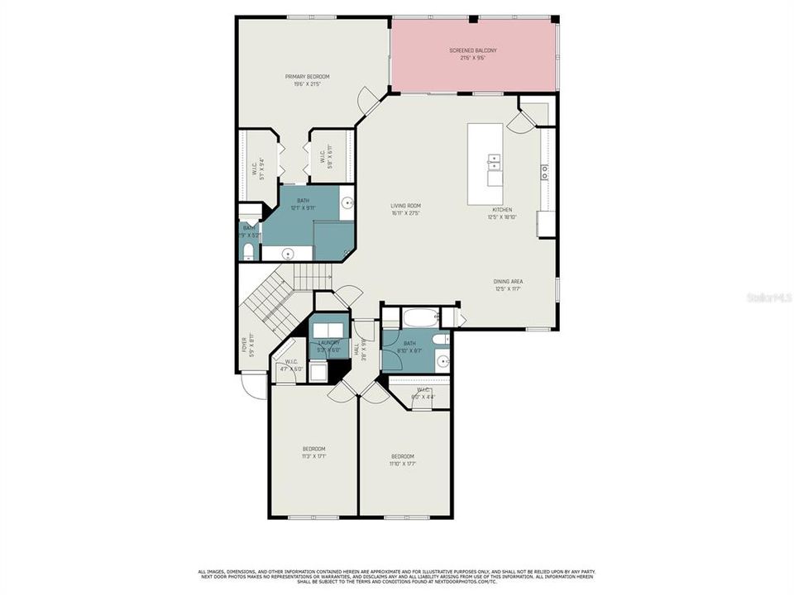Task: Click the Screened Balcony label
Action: coord(472,55)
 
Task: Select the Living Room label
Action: coord(406,209)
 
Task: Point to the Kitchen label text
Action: coord(503,213)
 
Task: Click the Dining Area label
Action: coord(508,284)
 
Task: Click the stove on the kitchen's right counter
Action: coord(546,172)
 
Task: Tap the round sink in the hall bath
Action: coord(442,360)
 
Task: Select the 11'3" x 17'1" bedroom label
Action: coord(313,452)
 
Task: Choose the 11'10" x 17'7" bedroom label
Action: coord(403,459)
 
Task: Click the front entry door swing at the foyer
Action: coord(248,384)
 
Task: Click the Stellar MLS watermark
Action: coord(768,296)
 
